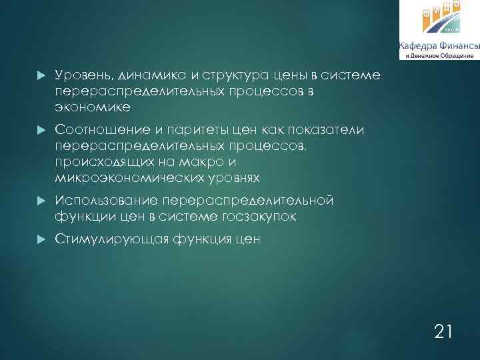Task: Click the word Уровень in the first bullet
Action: click(x=80, y=75)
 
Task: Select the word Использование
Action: click(x=105, y=200)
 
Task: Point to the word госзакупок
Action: click(x=262, y=217)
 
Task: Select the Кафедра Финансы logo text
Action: click(x=439, y=45)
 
